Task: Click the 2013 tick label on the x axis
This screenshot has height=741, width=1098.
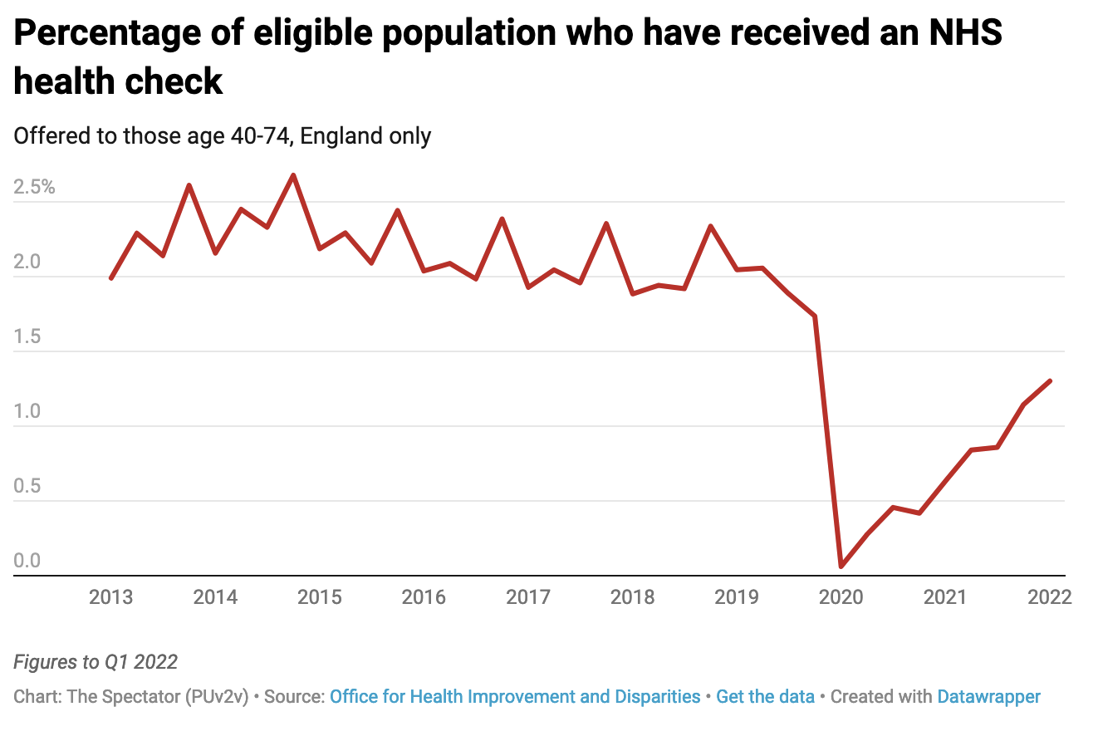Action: (x=110, y=597)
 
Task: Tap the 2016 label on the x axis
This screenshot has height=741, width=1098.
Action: (x=424, y=597)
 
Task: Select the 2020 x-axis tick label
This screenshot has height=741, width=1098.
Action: (x=841, y=597)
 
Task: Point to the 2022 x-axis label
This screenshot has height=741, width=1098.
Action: (x=1049, y=597)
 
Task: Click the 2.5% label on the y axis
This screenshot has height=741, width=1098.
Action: (x=34, y=188)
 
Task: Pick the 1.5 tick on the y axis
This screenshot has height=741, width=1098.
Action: (x=27, y=337)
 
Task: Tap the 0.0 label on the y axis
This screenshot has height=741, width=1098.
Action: (x=27, y=562)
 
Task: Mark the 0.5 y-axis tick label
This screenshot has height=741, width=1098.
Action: (x=27, y=487)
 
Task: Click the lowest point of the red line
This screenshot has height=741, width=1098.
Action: (x=841, y=567)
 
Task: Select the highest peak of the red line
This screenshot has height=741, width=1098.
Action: (x=293, y=175)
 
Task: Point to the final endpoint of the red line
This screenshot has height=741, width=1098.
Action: (x=1050, y=381)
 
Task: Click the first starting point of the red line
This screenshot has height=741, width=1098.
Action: (x=110, y=278)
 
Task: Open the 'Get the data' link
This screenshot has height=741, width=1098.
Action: (x=765, y=696)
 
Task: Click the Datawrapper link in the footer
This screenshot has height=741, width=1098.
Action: (x=988, y=696)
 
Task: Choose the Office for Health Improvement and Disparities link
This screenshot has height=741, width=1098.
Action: (x=515, y=696)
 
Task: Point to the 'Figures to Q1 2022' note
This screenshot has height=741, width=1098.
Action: (x=96, y=662)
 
